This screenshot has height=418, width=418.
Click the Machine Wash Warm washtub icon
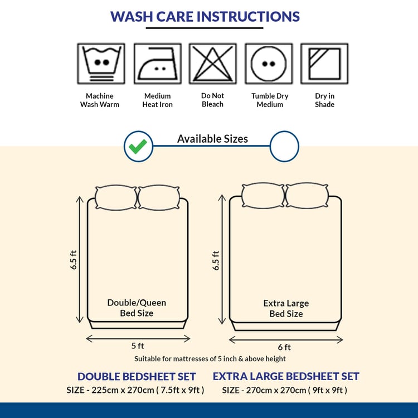point(101,64)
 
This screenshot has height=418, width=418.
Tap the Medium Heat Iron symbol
point(158,64)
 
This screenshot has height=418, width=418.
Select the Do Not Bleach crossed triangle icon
point(213,64)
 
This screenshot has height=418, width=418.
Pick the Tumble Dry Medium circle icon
point(269,64)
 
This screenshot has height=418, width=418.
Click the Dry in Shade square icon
point(324,64)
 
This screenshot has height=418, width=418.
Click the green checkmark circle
point(138,147)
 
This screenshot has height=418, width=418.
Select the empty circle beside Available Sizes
point(284,147)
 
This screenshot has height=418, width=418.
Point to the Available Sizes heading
point(212,139)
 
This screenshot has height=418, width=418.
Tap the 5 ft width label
point(138,346)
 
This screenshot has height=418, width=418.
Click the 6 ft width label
point(284,347)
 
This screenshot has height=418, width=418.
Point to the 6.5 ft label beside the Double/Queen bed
point(74,260)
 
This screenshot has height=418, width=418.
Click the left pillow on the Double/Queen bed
point(116,197)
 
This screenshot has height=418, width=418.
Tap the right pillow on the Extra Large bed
point(307,196)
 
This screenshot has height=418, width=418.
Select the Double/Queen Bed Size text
point(137,308)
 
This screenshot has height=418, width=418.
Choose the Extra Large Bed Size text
point(286,308)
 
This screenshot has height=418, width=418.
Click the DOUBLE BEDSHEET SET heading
point(137,376)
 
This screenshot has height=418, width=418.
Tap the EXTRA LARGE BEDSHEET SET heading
point(286,376)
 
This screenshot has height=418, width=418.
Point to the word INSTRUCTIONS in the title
point(248,17)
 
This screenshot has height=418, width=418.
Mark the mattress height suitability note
point(210,359)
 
